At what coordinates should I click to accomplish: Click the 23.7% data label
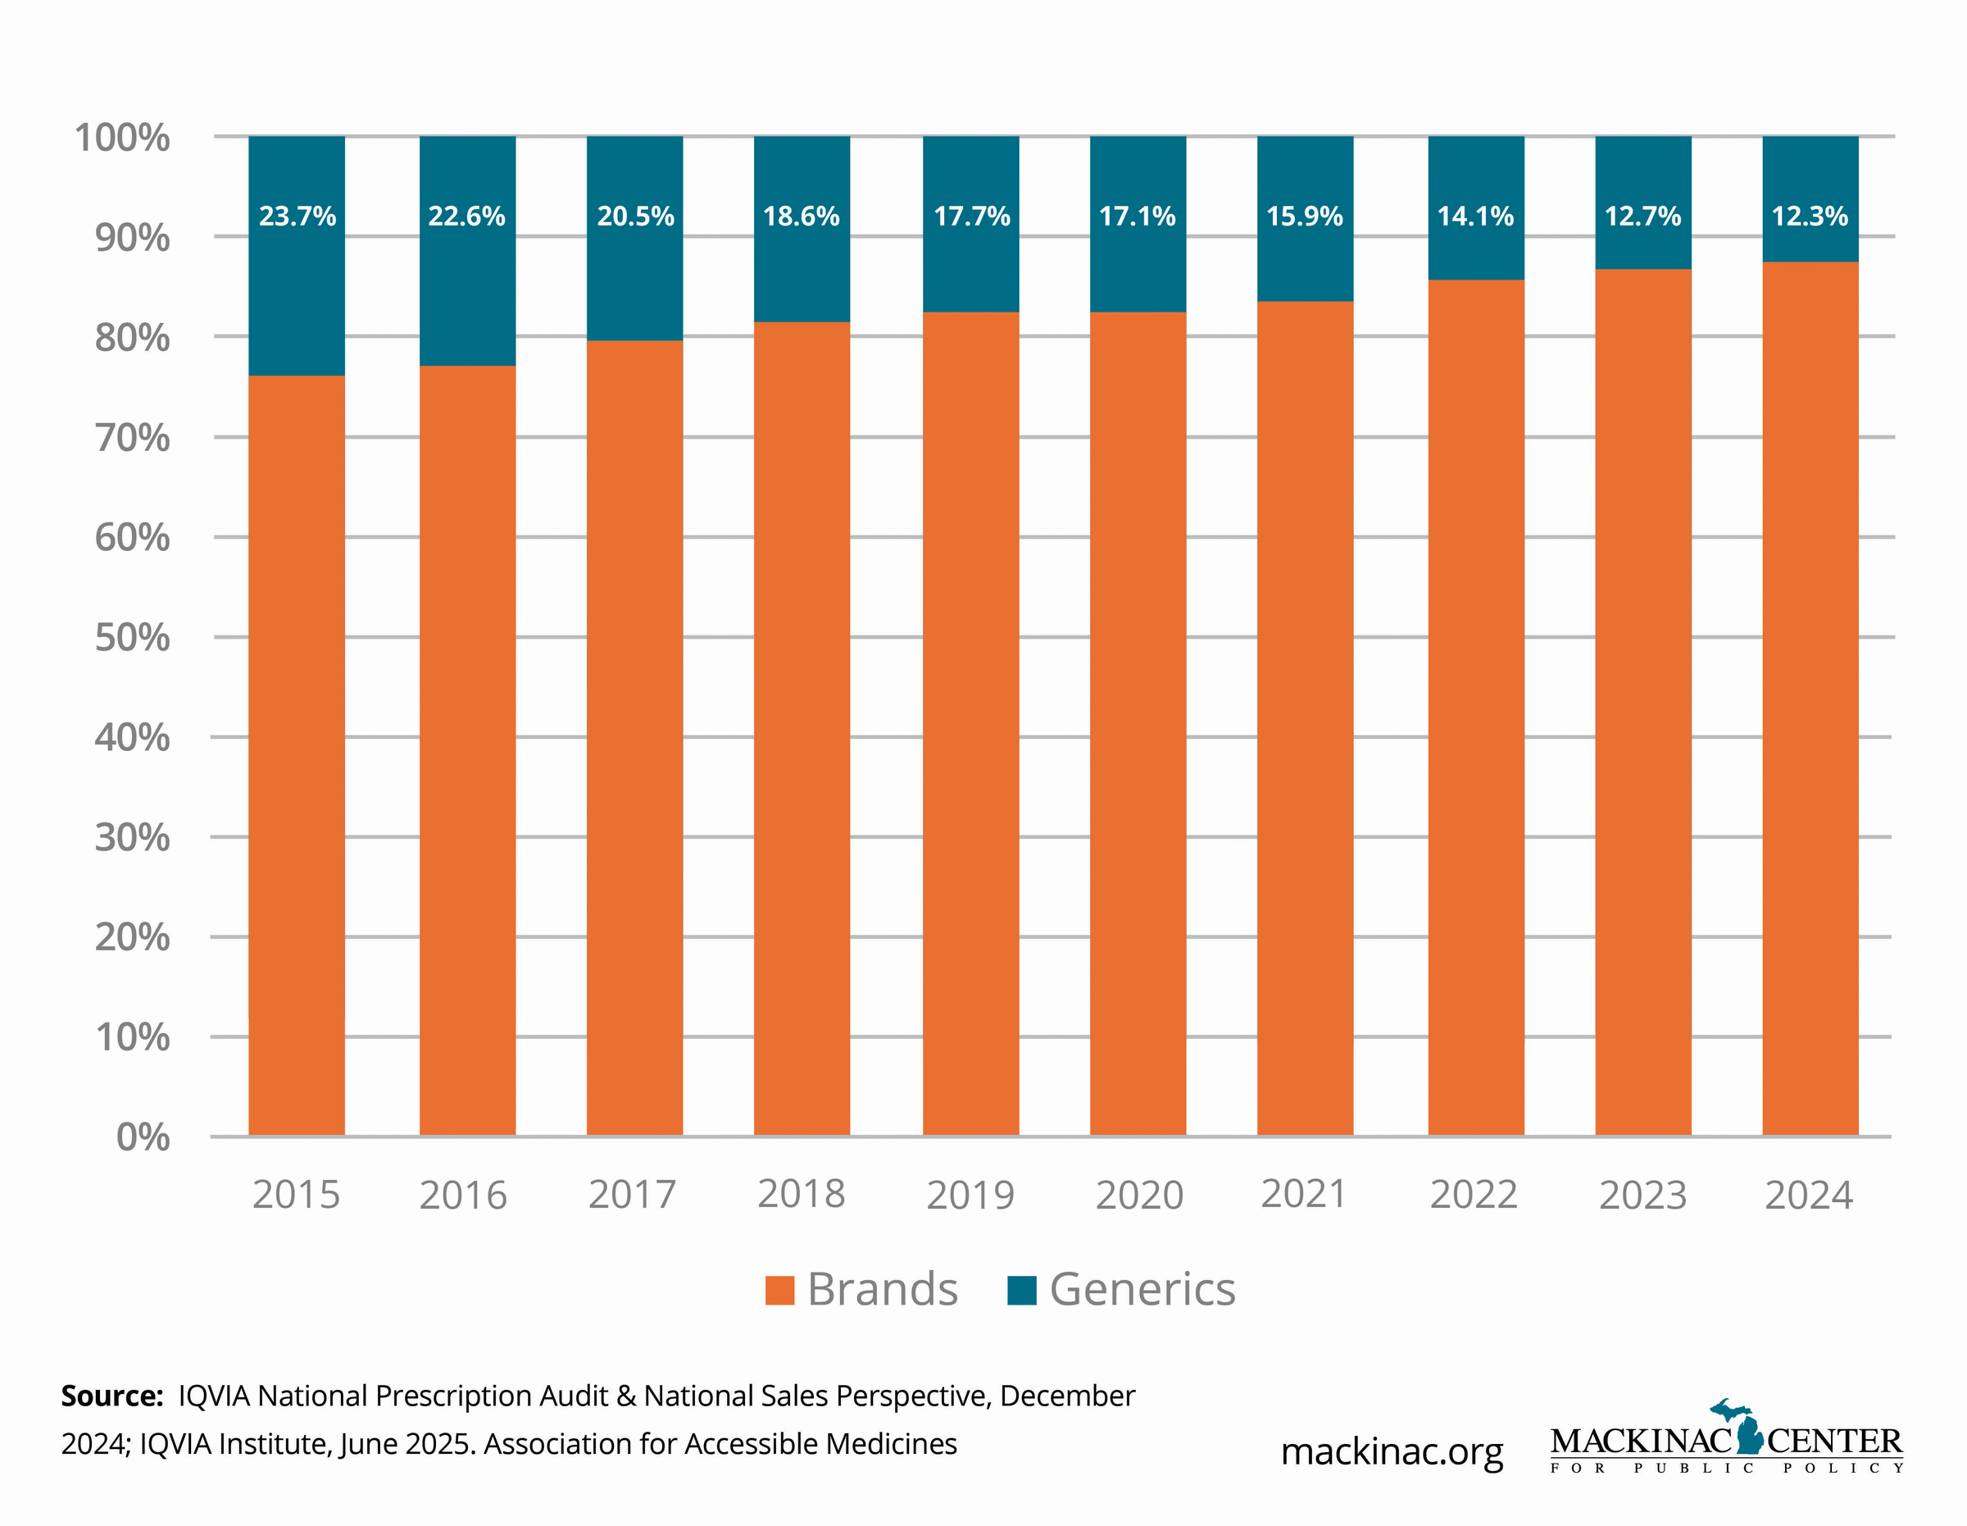(298, 216)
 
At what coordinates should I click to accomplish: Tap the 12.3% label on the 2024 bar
(1810, 216)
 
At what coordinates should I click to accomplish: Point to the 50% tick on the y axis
(131, 638)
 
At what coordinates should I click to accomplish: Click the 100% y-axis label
(121, 138)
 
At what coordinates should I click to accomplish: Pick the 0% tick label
(143, 1138)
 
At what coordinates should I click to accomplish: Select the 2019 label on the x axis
(970, 1196)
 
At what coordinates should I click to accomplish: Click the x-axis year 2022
(1474, 1196)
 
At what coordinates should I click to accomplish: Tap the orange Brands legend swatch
(779, 1290)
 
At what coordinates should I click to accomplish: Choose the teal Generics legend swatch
(1021, 1290)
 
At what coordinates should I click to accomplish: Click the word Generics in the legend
(1142, 1289)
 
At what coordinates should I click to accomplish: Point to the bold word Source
(111, 1396)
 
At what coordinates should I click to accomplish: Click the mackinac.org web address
(1392, 1451)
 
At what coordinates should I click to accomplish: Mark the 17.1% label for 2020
(1138, 216)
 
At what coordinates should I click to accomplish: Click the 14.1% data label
(1475, 216)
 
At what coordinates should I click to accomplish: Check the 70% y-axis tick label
(131, 438)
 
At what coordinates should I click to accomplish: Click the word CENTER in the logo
(1833, 1442)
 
